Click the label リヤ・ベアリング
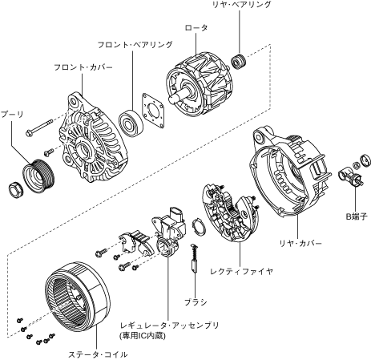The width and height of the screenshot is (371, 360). [x=241, y=4]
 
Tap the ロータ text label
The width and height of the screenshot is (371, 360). [x=196, y=27]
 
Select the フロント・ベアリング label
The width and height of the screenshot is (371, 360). [x=135, y=45]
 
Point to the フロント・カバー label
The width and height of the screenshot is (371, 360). [x=83, y=67]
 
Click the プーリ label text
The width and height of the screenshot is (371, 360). [x=12, y=114]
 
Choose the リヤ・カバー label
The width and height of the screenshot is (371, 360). [x=300, y=243]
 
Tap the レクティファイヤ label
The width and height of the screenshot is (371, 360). [x=242, y=272]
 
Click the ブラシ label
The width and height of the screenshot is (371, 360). [x=196, y=302]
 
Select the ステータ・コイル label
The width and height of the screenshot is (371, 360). [x=98, y=354]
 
